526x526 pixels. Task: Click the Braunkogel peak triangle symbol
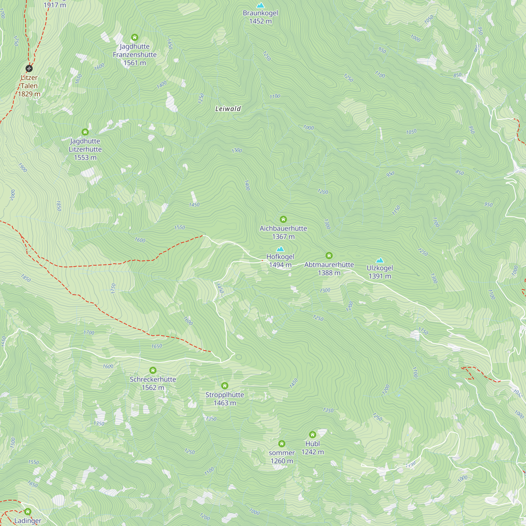pyautogui.click(x=261, y=6)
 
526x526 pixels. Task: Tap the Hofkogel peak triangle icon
pyautogui.click(x=280, y=249)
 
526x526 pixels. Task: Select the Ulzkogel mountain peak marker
pyautogui.click(x=380, y=260)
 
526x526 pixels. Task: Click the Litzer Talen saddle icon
pyautogui.click(x=29, y=68)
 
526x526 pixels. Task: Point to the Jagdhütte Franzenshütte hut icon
pyautogui.click(x=134, y=37)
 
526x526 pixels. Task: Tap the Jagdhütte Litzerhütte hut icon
pyautogui.click(x=85, y=132)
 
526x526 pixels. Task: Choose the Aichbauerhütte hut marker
pyautogui.click(x=283, y=219)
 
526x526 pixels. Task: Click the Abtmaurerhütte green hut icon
pyautogui.click(x=329, y=255)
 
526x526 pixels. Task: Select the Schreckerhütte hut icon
pyautogui.click(x=153, y=370)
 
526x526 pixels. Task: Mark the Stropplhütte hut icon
pyautogui.click(x=225, y=386)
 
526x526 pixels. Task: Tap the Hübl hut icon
pyautogui.click(x=312, y=434)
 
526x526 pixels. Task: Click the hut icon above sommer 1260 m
pyautogui.click(x=282, y=444)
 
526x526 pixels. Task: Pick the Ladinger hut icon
pyautogui.click(x=28, y=512)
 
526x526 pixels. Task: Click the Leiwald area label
pyautogui.click(x=228, y=109)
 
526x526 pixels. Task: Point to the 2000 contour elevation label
pyautogui.click(x=13, y=195)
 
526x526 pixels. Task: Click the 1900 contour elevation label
pyautogui.click(x=23, y=168)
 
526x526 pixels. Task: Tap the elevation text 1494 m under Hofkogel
pyautogui.click(x=280, y=265)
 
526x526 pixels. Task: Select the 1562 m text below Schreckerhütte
pyautogui.click(x=153, y=388)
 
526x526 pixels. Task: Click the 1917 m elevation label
pyautogui.click(x=55, y=5)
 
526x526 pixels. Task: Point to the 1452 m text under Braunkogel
pyautogui.click(x=261, y=21)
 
